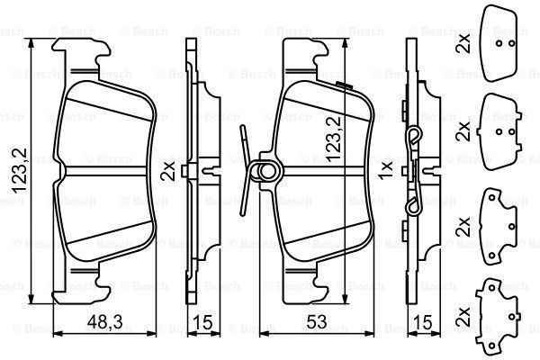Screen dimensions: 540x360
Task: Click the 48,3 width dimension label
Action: [x=104, y=322]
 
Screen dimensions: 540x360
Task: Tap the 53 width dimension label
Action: [x=317, y=322]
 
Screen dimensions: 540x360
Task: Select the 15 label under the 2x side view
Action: [x=202, y=322]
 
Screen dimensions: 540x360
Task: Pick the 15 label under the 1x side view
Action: [x=422, y=322]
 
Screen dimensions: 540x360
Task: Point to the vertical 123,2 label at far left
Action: [x=19, y=170]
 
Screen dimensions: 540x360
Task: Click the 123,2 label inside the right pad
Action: [x=333, y=139]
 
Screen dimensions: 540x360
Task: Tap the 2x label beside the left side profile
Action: [x=169, y=172]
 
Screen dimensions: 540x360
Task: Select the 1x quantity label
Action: [x=385, y=170]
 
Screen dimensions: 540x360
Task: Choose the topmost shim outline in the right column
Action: [x=499, y=43]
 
